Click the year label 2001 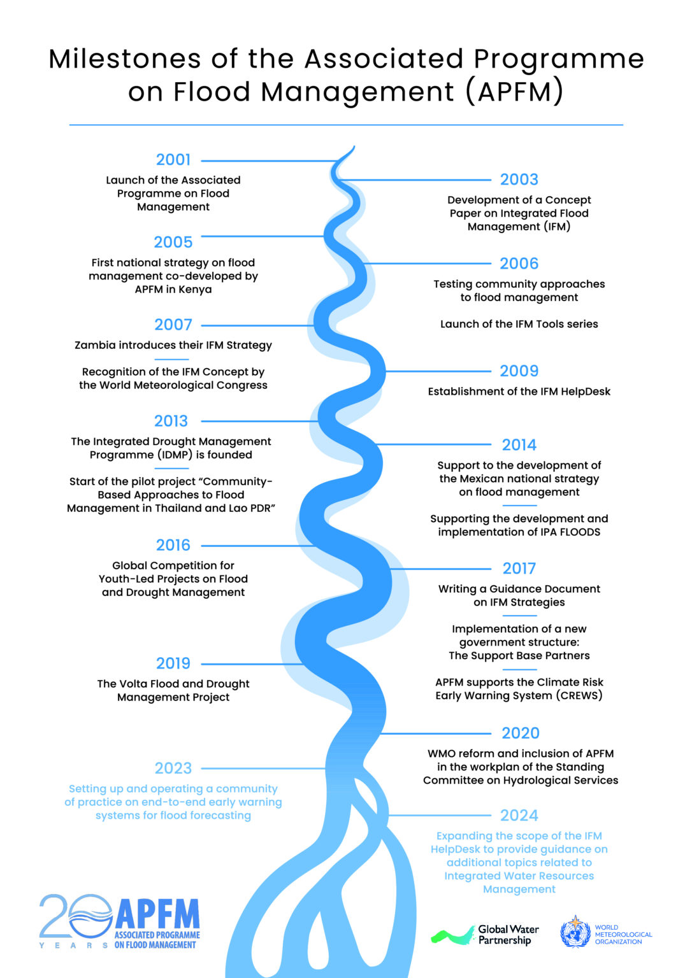(x=173, y=160)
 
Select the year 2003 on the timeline (x=519, y=180)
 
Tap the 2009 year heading (x=519, y=371)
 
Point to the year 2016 (x=173, y=545)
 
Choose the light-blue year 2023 (x=173, y=768)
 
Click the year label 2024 (x=519, y=815)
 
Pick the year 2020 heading (x=520, y=733)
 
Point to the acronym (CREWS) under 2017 (x=579, y=695)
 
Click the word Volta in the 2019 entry (x=134, y=684)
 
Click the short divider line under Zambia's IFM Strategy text (x=172, y=359)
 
